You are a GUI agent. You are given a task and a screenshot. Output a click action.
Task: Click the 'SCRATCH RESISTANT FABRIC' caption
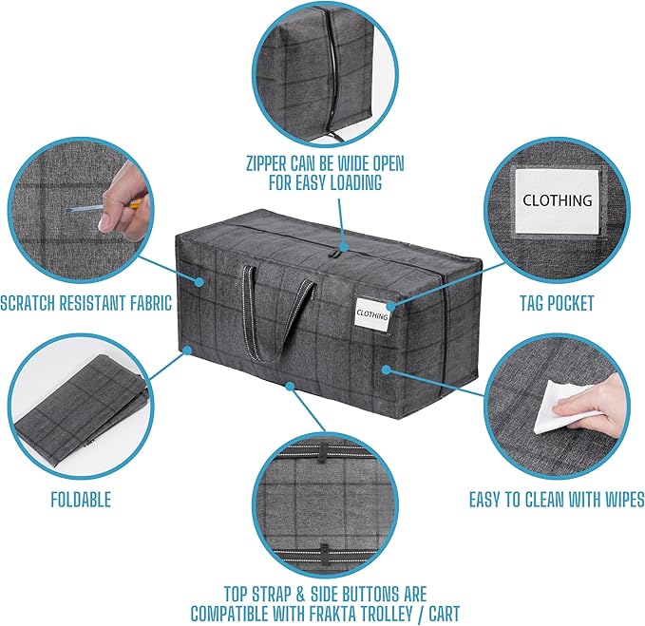tap(86, 304)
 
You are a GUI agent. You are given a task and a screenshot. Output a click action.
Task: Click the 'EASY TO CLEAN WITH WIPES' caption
tap(558, 499)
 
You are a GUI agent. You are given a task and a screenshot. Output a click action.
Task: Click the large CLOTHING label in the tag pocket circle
tap(558, 200)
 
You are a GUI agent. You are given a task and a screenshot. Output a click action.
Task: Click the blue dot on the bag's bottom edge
tap(289, 386)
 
